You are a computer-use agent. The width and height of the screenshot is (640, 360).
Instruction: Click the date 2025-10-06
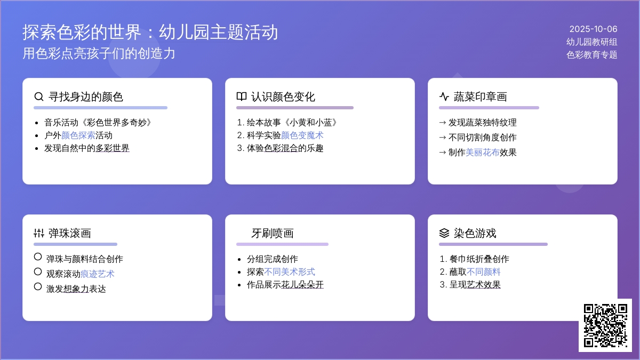(x=593, y=29)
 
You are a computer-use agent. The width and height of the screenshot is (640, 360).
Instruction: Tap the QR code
(x=605, y=325)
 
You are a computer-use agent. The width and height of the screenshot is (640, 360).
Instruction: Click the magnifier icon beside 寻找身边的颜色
(x=39, y=97)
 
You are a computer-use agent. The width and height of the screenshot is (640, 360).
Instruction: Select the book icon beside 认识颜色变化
(x=242, y=97)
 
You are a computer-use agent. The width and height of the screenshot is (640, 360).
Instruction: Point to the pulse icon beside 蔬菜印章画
(x=444, y=97)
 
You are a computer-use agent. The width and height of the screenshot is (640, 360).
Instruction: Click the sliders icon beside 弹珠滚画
(x=39, y=233)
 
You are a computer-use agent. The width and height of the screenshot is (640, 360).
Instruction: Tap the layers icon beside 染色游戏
(x=444, y=233)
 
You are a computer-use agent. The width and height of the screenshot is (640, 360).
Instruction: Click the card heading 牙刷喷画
(x=273, y=233)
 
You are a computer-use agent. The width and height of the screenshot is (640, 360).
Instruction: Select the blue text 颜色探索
(x=78, y=135)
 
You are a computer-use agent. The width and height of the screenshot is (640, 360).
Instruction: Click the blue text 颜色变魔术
(x=302, y=135)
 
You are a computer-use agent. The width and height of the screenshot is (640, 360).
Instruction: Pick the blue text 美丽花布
(x=483, y=153)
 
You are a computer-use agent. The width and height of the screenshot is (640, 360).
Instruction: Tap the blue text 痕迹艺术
(x=98, y=274)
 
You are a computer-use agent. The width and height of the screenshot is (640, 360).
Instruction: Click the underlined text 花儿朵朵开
(x=302, y=285)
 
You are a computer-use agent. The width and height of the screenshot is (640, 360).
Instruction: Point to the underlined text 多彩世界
(x=113, y=148)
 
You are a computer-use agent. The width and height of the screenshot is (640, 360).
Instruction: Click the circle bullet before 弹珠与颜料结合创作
(x=38, y=257)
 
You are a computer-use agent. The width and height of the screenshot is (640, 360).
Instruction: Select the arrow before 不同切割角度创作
(x=442, y=138)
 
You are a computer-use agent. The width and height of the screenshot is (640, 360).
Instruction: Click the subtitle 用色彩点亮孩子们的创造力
(x=99, y=53)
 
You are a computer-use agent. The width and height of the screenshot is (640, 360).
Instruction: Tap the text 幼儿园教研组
(x=591, y=42)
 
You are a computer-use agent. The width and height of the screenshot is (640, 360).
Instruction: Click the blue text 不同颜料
(x=483, y=271)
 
